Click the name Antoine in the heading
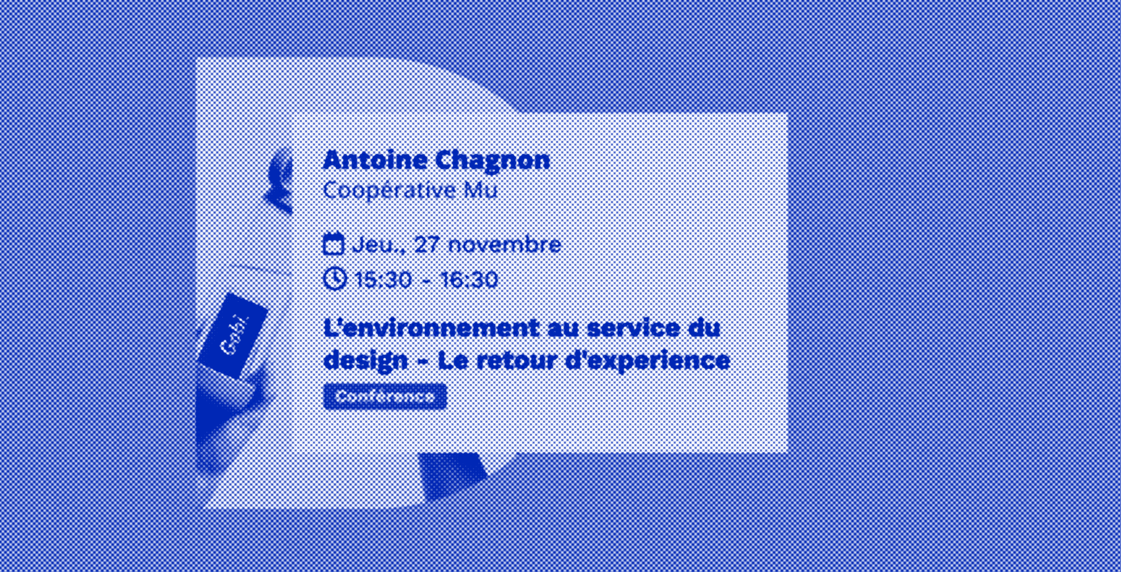tap(375, 160)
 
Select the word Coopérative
tap(389, 190)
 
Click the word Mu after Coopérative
tap(481, 190)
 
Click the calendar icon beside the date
tap(333, 244)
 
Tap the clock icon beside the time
tap(335, 279)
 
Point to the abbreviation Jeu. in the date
tap(374, 245)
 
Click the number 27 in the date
tap(426, 245)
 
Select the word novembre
tap(505, 245)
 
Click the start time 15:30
tap(383, 280)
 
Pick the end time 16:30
tap(469, 280)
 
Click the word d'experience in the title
tap(648, 361)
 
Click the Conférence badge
tap(385, 396)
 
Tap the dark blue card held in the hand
tap(234, 335)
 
